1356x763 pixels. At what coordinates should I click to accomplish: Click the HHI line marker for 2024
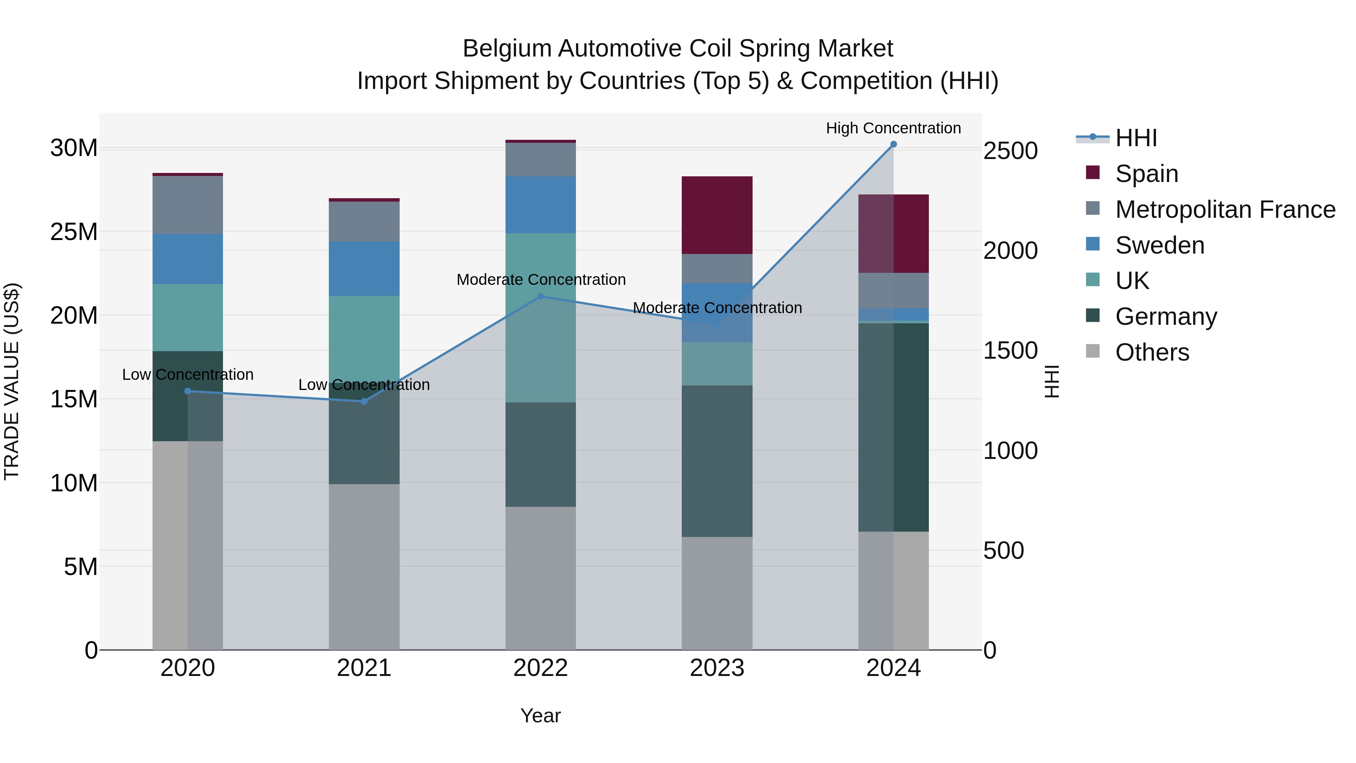[893, 144]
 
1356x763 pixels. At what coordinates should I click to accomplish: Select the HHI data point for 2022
[540, 297]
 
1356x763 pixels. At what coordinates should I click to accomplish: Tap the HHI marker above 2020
[188, 391]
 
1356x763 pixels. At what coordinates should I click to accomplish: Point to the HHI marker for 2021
[364, 401]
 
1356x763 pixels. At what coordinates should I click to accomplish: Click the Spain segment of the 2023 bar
[717, 216]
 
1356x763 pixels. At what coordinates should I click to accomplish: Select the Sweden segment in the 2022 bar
[540, 205]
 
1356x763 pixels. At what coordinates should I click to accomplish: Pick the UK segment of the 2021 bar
[364, 337]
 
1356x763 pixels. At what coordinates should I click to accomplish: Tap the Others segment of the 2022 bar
[540, 578]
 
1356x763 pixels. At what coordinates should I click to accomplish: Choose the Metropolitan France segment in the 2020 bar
[188, 205]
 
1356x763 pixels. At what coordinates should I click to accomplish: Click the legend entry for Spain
[1147, 174]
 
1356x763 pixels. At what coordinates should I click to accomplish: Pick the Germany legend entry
[1165, 317]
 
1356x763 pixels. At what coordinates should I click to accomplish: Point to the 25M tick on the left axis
[74, 232]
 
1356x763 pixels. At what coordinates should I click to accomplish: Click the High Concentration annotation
[893, 128]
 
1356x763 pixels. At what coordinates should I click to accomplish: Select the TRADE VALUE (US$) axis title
[12, 381]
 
